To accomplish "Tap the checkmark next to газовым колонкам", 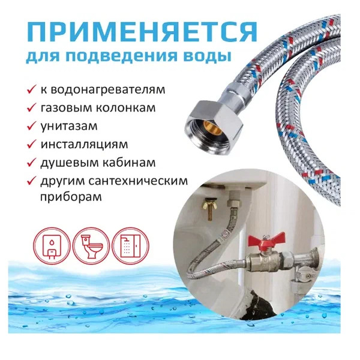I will [31, 107].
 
